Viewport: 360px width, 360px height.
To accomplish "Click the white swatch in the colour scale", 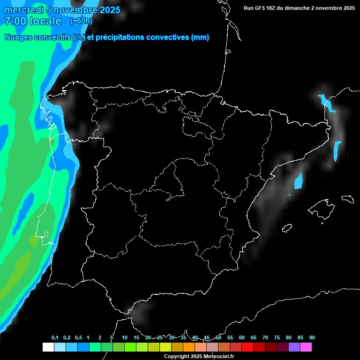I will pyautogui.click(x=48, y=347).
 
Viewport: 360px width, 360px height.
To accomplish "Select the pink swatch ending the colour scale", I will pyautogui.click(x=306, y=347).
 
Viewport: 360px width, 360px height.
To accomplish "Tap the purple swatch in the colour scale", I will pyautogui.click(x=294, y=347).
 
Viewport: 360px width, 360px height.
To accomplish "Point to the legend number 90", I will pyautogui.click(x=312, y=338).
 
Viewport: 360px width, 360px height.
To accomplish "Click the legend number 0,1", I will pyautogui.click(x=55, y=338).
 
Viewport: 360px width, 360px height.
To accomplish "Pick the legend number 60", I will pyautogui.click(x=242, y=338).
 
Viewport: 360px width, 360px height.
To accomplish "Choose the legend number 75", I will pyautogui.click(x=277, y=338).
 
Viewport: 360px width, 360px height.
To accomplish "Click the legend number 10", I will pyautogui.click(x=125, y=338).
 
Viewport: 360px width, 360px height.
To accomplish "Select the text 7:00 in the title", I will pyautogui.click(x=15, y=21).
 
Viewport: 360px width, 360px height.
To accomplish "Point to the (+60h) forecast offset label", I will pyautogui.click(x=81, y=21).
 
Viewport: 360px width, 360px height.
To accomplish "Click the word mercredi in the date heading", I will pyautogui.click(x=24, y=10).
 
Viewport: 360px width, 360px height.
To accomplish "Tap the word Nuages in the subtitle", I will pyautogui.click(x=18, y=37).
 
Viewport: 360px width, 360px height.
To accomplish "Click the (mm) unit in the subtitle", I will pyautogui.click(x=200, y=37).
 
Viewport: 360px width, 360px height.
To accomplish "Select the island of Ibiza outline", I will pyautogui.click(x=287, y=228).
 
